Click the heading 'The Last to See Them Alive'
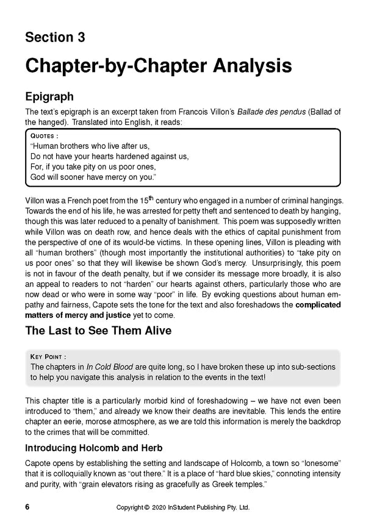pos(98,332)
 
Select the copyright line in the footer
pos(182,507)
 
